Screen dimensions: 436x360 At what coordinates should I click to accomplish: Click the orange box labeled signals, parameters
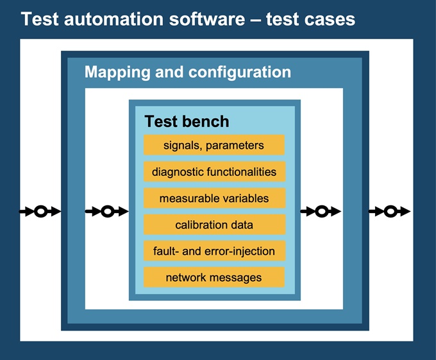[214, 145]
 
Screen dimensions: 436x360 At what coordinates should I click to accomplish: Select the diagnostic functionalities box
[214, 171]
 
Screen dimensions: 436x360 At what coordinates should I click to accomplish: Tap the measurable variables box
[214, 198]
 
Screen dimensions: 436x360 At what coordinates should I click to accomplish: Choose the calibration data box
[214, 225]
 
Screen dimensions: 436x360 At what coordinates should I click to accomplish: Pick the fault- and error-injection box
[214, 251]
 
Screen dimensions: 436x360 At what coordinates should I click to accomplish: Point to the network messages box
[214, 277]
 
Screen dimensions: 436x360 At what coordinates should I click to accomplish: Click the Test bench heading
[187, 121]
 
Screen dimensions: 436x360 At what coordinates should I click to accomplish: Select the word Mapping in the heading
[117, 73]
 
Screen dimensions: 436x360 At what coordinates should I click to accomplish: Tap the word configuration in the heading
[240, 73]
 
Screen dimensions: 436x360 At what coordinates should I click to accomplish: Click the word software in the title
[207, 19]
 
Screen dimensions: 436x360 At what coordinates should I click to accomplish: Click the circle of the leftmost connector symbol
[40, 211]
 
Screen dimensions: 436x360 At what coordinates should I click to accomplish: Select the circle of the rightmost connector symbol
[390, 211]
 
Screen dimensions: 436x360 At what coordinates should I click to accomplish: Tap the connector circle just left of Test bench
[107, 211]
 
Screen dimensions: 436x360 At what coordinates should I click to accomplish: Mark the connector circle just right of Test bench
[322, 211]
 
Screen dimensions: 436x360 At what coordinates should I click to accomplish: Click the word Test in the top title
[40, 19]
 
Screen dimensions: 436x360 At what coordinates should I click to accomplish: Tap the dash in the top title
[255, 21]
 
